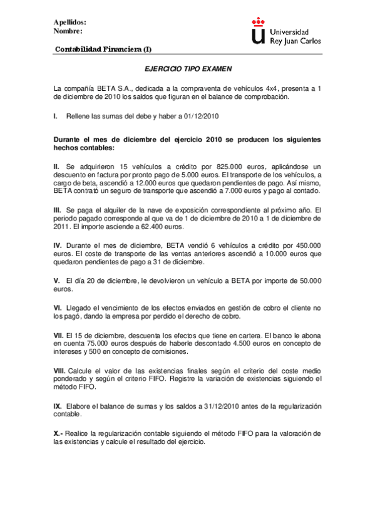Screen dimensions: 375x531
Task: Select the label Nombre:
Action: (68, 31)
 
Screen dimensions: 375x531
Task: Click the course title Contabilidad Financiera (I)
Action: (103, 49)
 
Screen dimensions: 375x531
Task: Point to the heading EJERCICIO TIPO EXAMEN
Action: (188, 71)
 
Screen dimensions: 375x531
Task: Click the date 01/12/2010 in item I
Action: (200, 116)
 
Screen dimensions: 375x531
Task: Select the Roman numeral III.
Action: (58, 209)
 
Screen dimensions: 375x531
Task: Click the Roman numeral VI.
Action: (58, 308)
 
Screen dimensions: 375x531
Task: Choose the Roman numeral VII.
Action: (59, 336)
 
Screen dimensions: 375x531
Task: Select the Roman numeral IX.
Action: (58, 406)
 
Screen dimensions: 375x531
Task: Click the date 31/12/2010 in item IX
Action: (226, 406)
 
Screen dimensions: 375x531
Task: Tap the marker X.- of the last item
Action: (59, 433)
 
